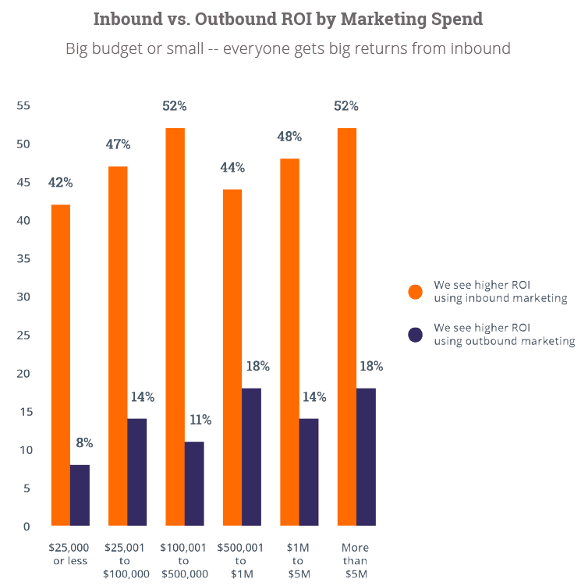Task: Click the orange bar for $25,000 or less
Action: click(61, 364)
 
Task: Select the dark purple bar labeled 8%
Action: click(80, 495)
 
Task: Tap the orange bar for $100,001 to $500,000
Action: click(175, 326)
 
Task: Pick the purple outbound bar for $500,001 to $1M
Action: click(251, 456)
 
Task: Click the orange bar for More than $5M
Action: click(346, 326)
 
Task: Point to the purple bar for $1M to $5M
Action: click(309, 471)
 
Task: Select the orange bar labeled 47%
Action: click(118, 345)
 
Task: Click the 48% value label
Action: click(289, 137)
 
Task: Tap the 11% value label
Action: click(200, 420)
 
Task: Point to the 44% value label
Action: click(232, 168)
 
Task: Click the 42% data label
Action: click(60, 183)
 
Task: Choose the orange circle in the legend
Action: click(416, 291)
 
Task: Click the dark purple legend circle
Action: click(416, 334)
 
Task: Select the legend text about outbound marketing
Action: click(504, 334)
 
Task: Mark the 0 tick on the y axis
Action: click(26, 527)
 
